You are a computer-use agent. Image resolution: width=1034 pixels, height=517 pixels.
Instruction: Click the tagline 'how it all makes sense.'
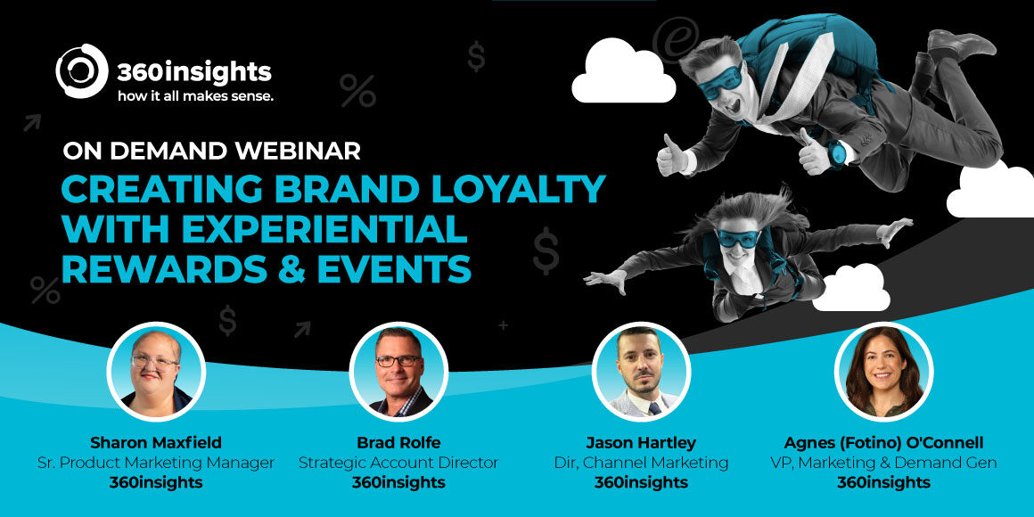tap(195, 95)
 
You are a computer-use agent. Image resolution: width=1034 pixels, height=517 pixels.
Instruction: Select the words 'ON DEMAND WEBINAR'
tap(211, 151)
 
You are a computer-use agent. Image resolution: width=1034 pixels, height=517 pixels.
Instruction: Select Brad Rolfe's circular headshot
tap(398, 371)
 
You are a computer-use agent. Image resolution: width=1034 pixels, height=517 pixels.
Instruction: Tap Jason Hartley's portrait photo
tap(641, 371)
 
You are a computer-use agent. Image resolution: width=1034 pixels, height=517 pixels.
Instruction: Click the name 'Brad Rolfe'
tap(398, 443)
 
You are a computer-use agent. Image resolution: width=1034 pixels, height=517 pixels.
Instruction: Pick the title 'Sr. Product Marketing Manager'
tap(156, 463)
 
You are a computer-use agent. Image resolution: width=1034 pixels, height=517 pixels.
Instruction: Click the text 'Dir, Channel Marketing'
tap(641, 463)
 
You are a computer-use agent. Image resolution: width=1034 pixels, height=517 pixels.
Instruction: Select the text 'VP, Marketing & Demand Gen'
tap(883, 463)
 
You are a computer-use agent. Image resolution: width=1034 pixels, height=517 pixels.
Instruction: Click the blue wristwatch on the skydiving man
tap(836, 153)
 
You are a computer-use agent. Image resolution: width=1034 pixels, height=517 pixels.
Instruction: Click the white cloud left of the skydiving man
tap(623, 75)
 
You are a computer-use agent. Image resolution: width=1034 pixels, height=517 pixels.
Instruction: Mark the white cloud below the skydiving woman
tap(851, 291)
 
